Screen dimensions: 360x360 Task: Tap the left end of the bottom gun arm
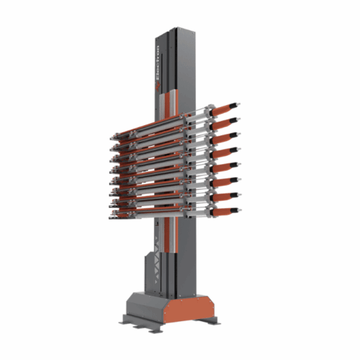(114, 210)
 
